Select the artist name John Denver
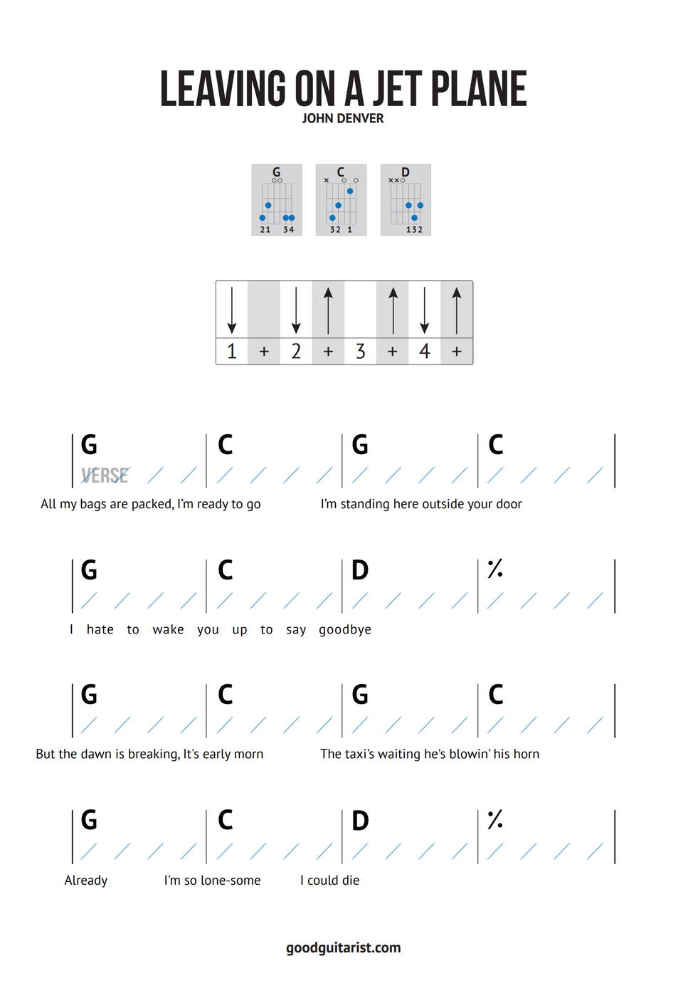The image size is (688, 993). pos(343,119)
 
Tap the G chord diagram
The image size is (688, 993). pos(277,200)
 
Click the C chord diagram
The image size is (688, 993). pos(341,200)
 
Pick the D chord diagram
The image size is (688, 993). pos(406,200)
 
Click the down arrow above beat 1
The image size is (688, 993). pos(232,310)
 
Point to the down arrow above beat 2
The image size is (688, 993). pos(296,310)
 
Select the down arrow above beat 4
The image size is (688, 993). pos(425,310)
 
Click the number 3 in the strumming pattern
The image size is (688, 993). pos(361,351)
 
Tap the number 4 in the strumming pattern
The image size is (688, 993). pos(425,351)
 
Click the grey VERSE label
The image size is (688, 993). pos(105,476)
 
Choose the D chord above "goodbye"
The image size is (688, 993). pos(360,570)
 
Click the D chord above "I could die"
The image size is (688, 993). pos(360,821)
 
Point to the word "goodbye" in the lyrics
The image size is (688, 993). pos(345,630)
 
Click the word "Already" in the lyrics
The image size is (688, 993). pos(86,881)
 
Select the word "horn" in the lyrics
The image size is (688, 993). pos(526,754)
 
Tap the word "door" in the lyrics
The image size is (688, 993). pos(509,504)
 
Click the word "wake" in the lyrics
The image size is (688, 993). pos(168,630)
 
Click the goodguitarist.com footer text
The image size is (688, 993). pos(344,947)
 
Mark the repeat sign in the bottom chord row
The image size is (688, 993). pos(495,819)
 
